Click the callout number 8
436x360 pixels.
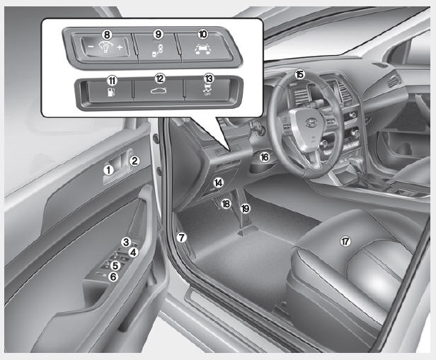pos(107,35)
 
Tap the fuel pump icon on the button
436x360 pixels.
pos(112,92)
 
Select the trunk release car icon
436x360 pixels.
pos(159,91)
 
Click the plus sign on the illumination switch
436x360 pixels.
pos(120,47)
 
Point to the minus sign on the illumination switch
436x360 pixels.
pos(91,47)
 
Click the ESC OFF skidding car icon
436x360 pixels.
pos(207,90)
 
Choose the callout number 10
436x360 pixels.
pos(202,35)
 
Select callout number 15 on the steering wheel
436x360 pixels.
pos(300,74)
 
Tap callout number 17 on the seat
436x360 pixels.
pos(345,241)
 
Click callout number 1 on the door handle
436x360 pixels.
pos(109,170)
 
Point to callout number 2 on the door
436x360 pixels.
pos(134,161)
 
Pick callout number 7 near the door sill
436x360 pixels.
pos(182,238)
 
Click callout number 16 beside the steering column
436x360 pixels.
pos(265,157)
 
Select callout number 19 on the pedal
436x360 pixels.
pos(245,209)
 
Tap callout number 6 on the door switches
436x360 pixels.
pos(113,277)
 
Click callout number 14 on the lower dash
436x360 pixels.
pos(218,182)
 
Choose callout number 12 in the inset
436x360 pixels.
pos(160,79)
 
